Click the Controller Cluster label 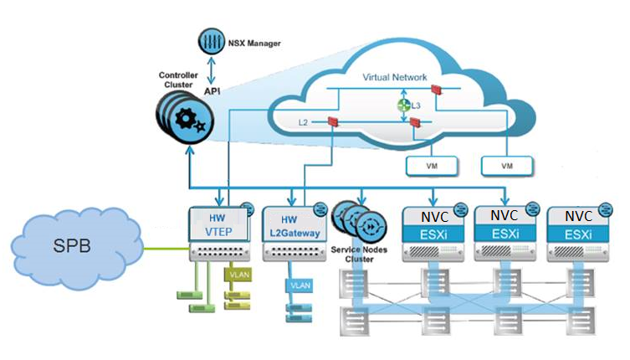click(x=177, y=80)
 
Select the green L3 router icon click(x=402, y=106)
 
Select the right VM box click(x=506, y=166)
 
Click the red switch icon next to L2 click(x=332, y=123)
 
